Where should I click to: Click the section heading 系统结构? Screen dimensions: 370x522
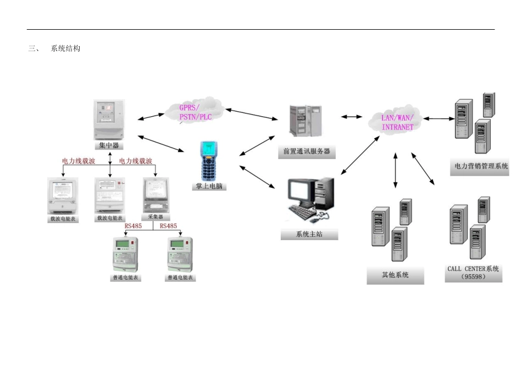click(x=65, y=49)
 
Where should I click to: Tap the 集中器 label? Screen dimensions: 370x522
click(x=108, y=146)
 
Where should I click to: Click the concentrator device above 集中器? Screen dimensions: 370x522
click(x=109, y=119)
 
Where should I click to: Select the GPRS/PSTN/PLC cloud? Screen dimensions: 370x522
click(x=195, y=112)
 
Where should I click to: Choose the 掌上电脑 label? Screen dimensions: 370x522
click(x=209, y=186)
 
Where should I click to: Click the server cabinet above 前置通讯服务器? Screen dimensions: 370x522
click(x=306, y=120)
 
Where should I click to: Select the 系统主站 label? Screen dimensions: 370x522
click(x=309, y=235)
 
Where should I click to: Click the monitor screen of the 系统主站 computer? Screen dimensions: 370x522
click(x=299, y=192)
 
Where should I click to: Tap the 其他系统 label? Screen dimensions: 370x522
click(x=395, y=274)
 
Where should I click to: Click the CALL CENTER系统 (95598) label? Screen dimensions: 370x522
click(x=473, y=273)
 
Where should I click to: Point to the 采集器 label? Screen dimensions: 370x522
click(x=156, y=217)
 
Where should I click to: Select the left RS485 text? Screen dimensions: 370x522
click(x=133, y=226)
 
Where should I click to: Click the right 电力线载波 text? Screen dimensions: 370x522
click(x=135, y=161)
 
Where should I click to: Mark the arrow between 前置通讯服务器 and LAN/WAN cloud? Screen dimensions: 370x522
click(x=352, y=117)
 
